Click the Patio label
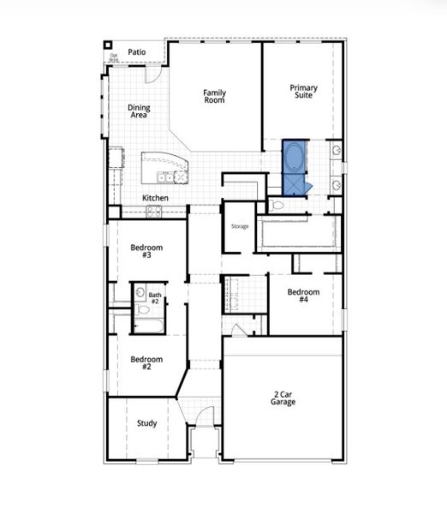[136, 52]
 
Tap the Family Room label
[214, 96]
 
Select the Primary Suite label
[303, 91]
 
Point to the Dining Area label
[139, 111]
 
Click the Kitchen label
[155, 198]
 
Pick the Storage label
[239, 226]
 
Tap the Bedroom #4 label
[303, 296]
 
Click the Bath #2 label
[155, 298]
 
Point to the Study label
[146, 423]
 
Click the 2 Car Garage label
[283, 397]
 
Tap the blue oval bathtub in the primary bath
[294, 157]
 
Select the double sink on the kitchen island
[165, 177]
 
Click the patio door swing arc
[152, 75]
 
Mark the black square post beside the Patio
[108, 45]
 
